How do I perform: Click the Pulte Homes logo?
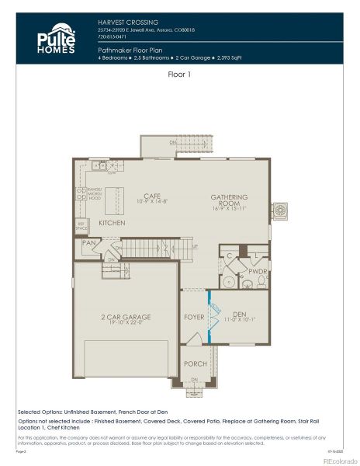(55, 40)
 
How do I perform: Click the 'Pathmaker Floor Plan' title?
(128, 48)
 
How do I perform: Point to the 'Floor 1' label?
(180, 75)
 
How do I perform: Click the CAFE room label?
(152, 196)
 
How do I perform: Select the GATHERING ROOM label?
(228, 200)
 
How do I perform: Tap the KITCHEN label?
(112, 223)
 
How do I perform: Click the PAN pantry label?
(88, 243)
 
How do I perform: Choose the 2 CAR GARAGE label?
(126, 316)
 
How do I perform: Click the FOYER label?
(193, 317)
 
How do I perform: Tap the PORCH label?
(194, 363)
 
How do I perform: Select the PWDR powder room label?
(258, 273)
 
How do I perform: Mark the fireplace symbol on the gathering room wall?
(280, 210)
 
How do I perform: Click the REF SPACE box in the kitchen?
(81, 227)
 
